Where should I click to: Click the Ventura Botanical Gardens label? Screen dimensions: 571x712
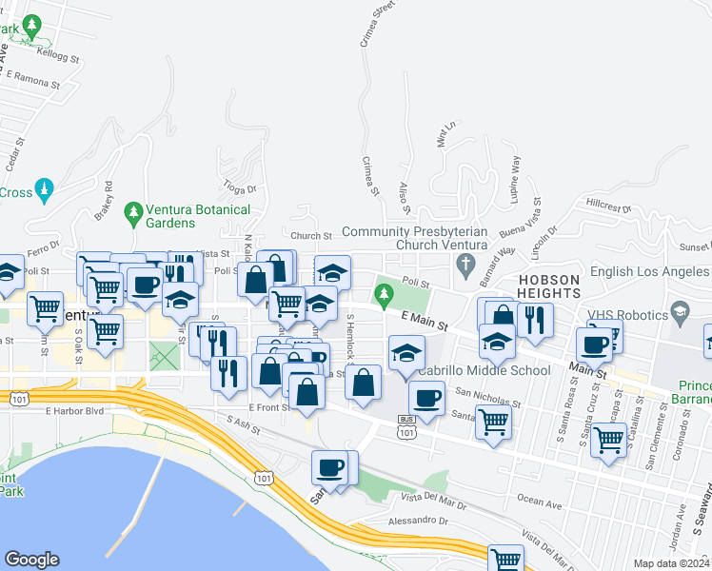pyautogui.click(x=198, y=216)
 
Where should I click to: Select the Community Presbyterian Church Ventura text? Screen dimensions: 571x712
pyautogui.click(x=415, y=238)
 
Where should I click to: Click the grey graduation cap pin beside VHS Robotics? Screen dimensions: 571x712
pyautogui.click(x=680, y=311)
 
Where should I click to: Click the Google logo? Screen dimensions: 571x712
pyautogui.click(x=31, y=560)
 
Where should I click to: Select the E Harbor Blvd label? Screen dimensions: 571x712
pyautogui.click(x=73, y=412)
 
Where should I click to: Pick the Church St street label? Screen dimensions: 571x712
pyautogui.click(x=310, y=236)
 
